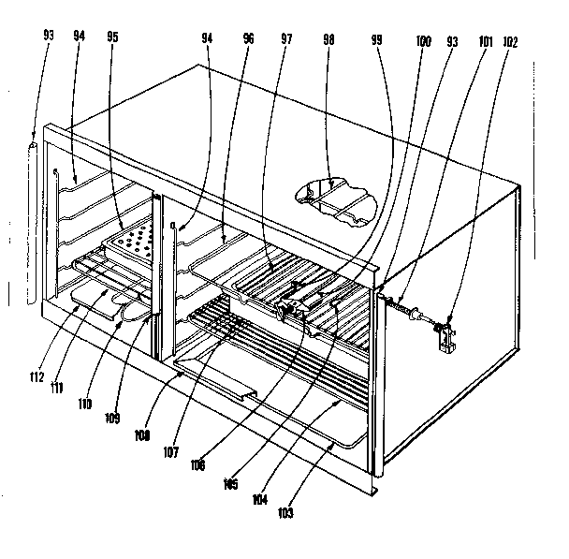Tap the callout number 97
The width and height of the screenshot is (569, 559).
[x=287, y=40]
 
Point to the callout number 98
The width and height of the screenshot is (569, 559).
[x=328, y=40]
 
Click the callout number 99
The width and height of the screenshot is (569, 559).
[x=377, y=41]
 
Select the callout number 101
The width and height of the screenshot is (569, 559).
[x=485, y=40]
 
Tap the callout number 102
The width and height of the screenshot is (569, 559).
[x=510, y=40]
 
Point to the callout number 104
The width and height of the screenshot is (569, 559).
[x=261, y=498]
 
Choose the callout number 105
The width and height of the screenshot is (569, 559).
[x=230, y=484]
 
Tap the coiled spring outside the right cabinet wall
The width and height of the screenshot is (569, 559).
[x=405, y=305]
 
